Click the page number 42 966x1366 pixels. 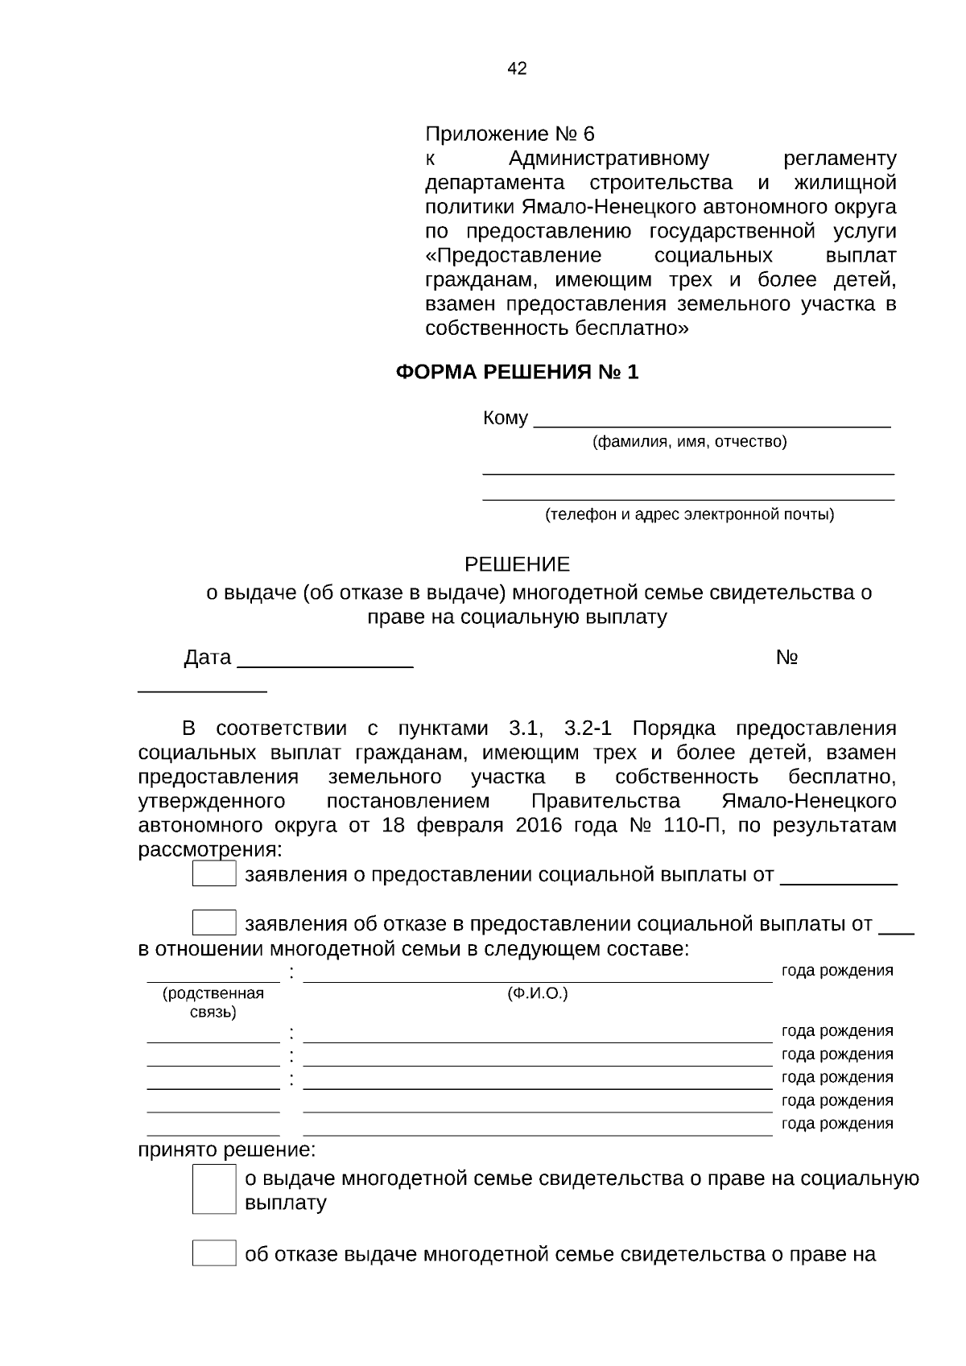point(517,68)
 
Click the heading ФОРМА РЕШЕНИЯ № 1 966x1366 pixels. point(517,372)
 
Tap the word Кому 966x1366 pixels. point(505,419)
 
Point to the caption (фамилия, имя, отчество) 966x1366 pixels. point(689,442)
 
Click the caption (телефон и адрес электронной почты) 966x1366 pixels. point(689,514)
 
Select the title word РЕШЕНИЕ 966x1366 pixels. point(517,564)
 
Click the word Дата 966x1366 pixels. point(208,658)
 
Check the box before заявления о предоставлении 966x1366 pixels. point(214,873)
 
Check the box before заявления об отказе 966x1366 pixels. point(214,922)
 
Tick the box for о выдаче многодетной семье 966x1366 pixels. point(214,1190)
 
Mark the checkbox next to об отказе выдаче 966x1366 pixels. point(214,1253)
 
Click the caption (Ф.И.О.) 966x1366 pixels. point(537,993)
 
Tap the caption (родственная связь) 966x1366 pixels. point(213,1002)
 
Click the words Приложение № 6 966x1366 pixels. point(509,134)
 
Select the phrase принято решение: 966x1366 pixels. point(227,1150)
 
